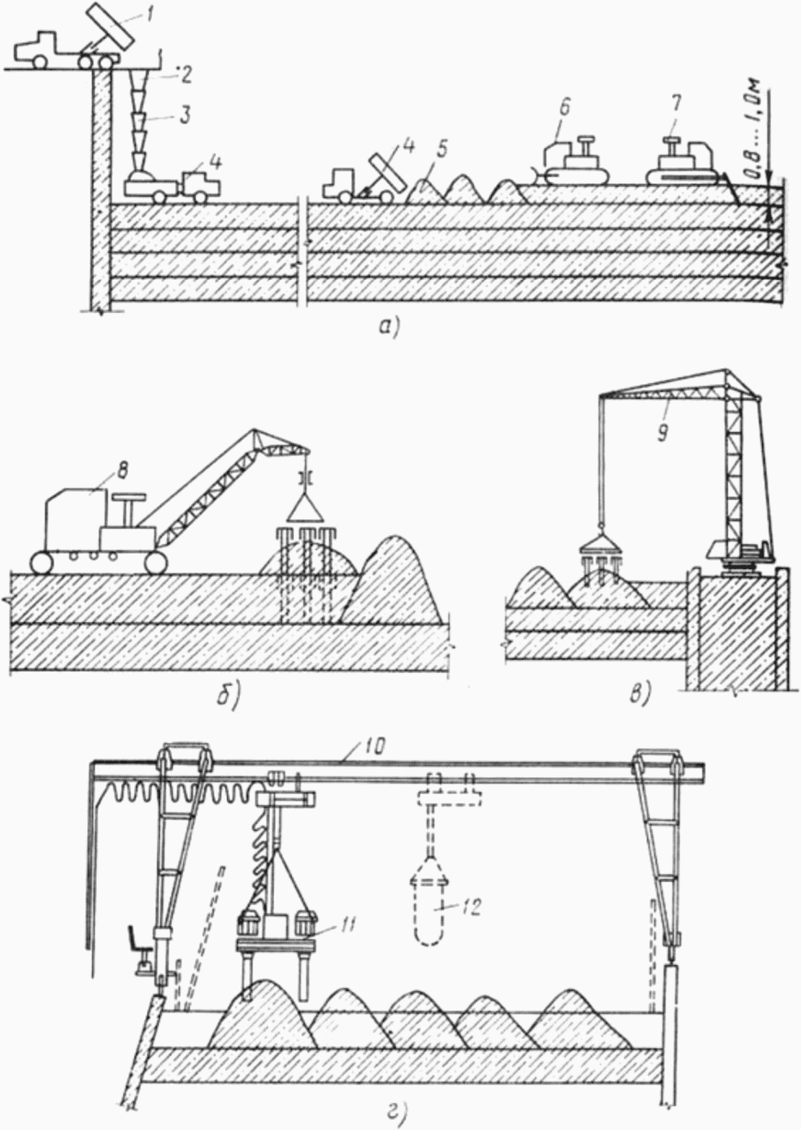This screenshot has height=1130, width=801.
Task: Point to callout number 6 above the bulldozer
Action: click(565, 107)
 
